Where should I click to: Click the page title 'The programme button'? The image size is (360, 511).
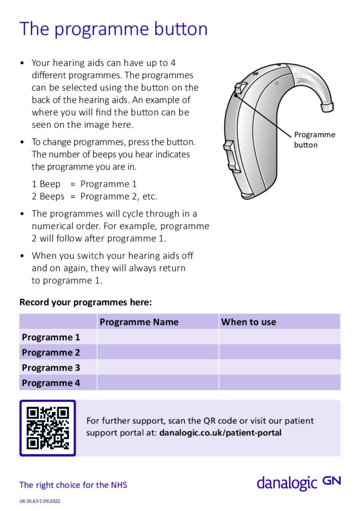(113, 29)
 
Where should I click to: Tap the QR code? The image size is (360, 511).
(47, 428)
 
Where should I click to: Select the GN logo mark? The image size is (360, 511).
(332, 481)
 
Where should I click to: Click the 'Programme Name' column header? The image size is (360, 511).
(139, 322)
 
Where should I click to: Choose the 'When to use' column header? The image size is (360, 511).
(248, 322)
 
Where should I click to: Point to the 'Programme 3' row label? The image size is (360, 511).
(51, 368)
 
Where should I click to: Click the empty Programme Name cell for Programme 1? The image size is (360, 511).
(158, 337)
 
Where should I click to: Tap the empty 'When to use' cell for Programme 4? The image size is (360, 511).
(279, 383)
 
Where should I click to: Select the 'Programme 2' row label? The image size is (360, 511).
(51, 352)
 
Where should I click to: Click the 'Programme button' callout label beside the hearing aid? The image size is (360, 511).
(314, 140)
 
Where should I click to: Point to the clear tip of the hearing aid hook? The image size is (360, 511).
(327, 106)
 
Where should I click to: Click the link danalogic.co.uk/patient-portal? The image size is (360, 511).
(220, 433)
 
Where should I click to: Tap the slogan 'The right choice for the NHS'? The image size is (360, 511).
(73, 485)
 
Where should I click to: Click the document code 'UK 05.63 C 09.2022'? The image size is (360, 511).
(40, 501)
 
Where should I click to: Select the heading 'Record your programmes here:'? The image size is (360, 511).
(85, 302)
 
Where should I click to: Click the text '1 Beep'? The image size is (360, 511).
(46, 184)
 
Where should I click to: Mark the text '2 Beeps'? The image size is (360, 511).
(48, 196)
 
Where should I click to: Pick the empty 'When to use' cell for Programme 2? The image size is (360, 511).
(279, 352)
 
